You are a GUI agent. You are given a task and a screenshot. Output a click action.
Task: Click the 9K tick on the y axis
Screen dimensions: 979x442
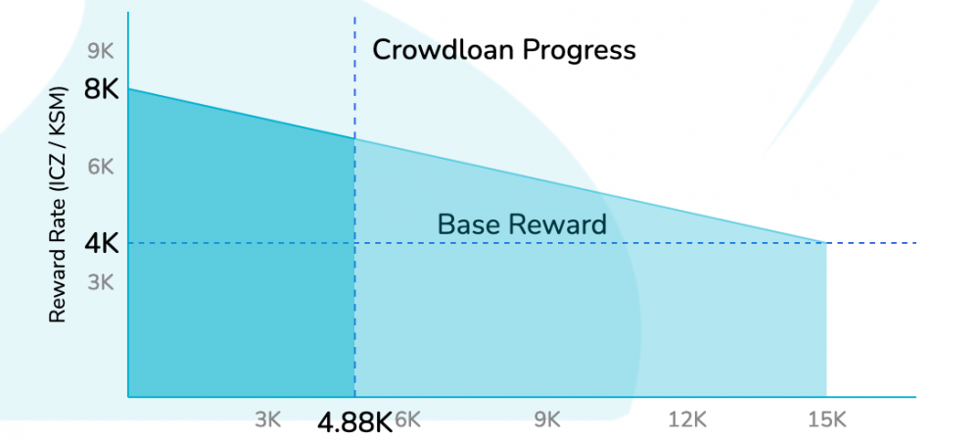(x=101, y=51)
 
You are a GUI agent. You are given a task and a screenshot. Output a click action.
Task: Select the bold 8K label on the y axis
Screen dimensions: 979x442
(x=101, y=90)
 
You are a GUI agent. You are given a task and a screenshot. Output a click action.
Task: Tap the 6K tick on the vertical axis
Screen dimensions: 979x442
(x=101, y=167)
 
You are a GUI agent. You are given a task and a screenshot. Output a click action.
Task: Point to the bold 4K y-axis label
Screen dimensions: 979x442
(x=101, y=243)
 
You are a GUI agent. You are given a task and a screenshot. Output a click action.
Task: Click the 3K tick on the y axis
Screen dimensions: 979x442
(x=101, y=282)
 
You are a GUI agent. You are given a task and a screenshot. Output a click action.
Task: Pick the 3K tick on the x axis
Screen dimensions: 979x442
(x=268, y=420)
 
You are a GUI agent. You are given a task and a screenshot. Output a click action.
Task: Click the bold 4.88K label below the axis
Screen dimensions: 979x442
(x=354, y=423)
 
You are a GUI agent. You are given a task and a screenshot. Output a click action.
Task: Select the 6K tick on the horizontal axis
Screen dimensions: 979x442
(x=408, y=420)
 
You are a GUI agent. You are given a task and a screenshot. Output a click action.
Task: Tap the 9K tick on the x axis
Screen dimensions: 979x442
(x=547, y=420)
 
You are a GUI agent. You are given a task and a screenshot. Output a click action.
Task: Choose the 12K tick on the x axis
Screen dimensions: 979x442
(x=687, y=420)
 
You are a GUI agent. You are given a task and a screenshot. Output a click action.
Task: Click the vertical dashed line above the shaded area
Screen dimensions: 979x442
(x=354, y=76)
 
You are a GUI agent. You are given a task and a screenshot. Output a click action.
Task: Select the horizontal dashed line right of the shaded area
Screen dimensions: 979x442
(x=871, y=243)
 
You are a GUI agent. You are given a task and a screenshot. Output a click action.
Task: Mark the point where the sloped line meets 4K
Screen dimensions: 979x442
(x=826, y=243)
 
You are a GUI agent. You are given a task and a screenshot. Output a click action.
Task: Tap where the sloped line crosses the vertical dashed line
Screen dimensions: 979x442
(x=354, y=138)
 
